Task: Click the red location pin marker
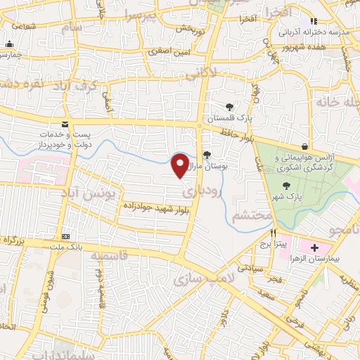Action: pyautogui.click(x=181, y=165)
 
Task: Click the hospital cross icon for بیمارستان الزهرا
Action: pyautogui.click(x=314, y=247)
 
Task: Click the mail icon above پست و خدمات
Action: pyautogui.click(x=65, y=124)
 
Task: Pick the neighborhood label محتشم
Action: pyautogui.click(x=252, y=215)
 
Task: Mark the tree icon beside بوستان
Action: pyautogui.click(x=206, y=155)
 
